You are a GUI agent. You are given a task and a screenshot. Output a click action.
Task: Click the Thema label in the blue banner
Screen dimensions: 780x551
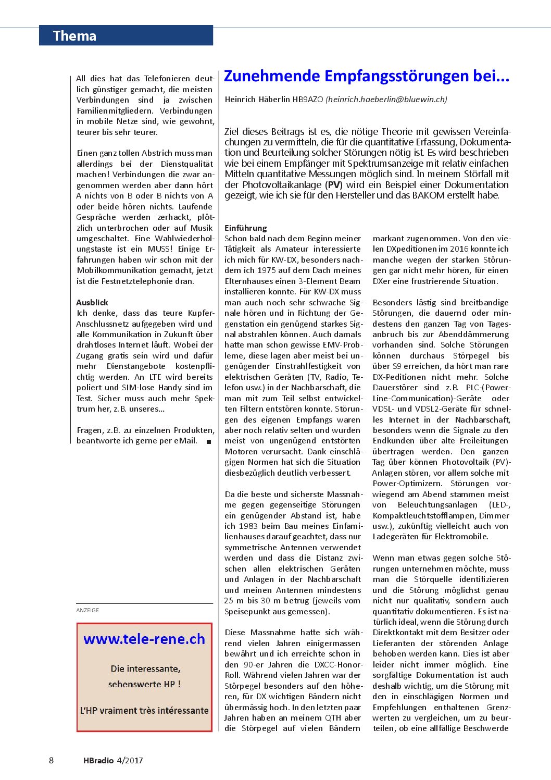[74, 36]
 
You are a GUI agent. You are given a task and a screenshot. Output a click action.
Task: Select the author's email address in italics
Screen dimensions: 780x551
[386, 99]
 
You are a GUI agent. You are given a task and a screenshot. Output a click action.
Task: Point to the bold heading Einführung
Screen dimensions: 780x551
[245, 228]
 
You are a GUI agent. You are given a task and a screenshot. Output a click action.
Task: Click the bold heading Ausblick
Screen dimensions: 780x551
[92, 302]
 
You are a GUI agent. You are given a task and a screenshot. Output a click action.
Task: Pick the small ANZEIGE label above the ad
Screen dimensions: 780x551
[87, 610]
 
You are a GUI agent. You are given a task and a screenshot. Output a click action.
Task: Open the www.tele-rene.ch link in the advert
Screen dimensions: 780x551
[144, 639]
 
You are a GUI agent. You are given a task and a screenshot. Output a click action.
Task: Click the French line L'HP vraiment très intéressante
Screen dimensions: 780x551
[144, 710]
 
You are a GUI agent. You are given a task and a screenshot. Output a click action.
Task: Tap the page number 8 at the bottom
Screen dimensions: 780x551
[51, 760]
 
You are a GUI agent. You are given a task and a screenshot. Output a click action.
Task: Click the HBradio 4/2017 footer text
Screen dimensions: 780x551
[113, 760]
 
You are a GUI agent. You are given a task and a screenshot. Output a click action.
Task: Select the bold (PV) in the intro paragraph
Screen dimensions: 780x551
[334, 184]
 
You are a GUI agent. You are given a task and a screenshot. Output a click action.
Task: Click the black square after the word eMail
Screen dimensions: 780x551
[209, 441]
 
